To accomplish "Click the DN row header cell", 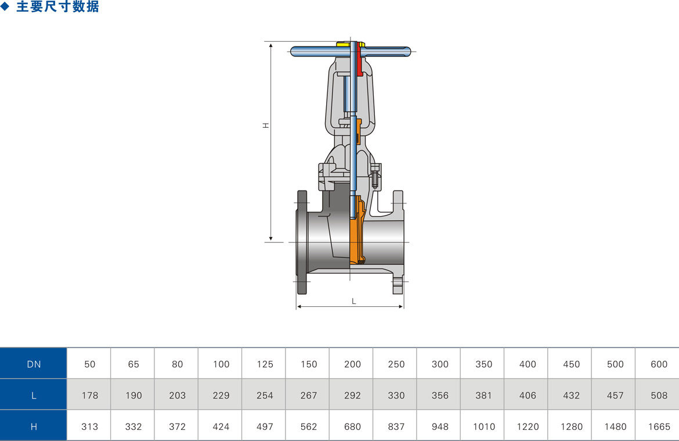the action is click(33, 363).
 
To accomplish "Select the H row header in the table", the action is click(33, 426).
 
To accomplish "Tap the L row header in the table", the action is click(33, 395).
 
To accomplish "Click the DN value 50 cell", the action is click(89, 363).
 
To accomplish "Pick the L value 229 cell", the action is click(221, 395).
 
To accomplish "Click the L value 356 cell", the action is click(439, 395).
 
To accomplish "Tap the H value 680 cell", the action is click(352, 426).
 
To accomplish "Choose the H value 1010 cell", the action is click(483, 426).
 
